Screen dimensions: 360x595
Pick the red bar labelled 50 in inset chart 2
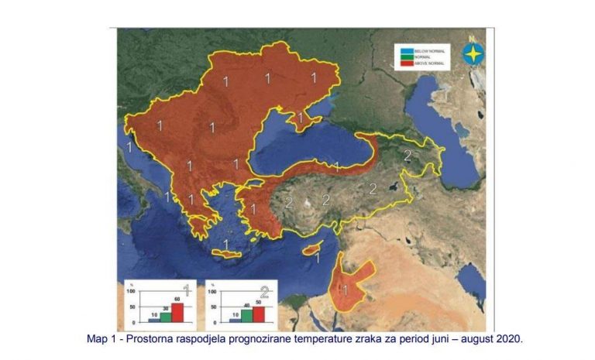(x=259, y=313)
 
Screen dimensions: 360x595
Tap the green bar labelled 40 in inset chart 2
(x=246, y=314)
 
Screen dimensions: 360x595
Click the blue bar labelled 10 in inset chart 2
(x=233, y=319)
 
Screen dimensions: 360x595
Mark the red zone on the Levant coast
(x=350, y=284)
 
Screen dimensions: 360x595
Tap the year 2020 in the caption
(x=508, y=339)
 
